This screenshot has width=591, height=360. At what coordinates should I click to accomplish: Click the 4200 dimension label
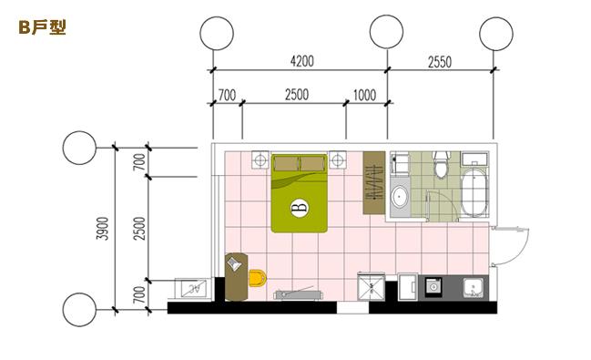click(x=302, y=61)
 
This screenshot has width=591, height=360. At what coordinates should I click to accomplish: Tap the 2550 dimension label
click(x=440, y=61)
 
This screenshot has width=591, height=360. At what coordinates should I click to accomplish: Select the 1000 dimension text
click(x=364, y=95)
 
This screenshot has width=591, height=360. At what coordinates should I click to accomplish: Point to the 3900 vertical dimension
click(x=102, y=228)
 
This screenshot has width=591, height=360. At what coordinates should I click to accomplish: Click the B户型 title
click(x=42, y=27)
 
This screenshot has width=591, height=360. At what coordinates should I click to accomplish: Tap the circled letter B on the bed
click(x=300, y=207)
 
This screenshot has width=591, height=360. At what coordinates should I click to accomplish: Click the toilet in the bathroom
click(x=441, y=164)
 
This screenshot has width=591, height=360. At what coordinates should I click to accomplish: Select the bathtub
click(x=474, y=192)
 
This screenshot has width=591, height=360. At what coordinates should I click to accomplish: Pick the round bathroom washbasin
click(x=400, y=197)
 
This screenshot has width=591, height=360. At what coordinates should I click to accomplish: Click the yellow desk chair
click(x=258, y=278)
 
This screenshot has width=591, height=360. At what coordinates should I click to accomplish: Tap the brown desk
click(x=237, y=276)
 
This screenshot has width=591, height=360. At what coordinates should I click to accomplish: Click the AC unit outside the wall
click(x=193, y=289)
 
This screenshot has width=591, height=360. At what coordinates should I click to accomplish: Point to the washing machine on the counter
click(x=434, y=288)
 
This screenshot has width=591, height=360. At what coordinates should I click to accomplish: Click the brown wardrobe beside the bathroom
click(x=374, y=182)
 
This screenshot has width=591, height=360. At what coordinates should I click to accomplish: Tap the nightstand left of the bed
click(x=260, y=160)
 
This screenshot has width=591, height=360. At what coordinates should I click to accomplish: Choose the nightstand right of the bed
click(x=337, y=160)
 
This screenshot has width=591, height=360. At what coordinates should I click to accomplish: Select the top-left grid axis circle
click(x=217, y=33)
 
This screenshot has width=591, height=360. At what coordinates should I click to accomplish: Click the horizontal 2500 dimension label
click(x=297, y=95)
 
